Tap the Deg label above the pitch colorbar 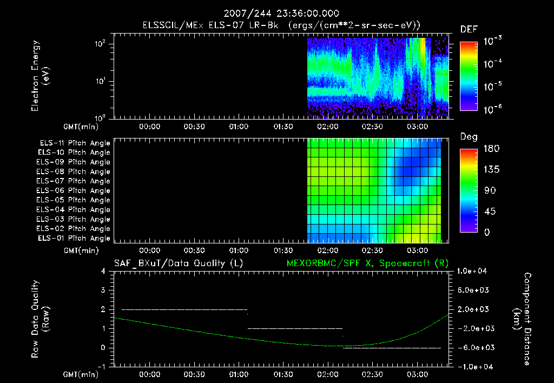pyautogui.click(x=469, y=137)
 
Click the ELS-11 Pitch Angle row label pyautogui.click(x=75, y=143)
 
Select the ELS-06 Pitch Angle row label pyautogui.click(x=75, y=190)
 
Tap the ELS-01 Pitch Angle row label pyautogui.click(x=75, y=238)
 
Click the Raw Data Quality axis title pyautogui.click(x=41, y=319)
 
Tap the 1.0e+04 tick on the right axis pyautogui.click(x=473, y=271)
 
